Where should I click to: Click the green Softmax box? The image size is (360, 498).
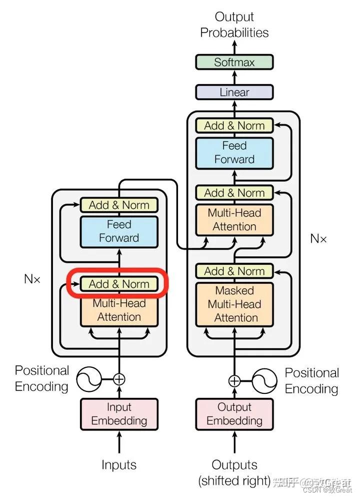(234, 63)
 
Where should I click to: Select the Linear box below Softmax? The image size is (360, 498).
(234, 93)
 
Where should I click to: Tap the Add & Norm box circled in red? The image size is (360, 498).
(119, 284)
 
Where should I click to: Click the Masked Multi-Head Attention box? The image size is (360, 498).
(234, 304)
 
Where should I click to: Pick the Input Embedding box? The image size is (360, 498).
(119, 414)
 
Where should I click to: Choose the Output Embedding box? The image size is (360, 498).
(234, 414)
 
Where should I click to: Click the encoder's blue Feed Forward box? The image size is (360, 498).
(119, 231)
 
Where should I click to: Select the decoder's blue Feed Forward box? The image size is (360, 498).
(234, 152)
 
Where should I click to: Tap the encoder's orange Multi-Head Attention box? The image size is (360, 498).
(119, 310)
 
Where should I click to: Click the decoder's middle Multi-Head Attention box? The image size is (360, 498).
(234, 220)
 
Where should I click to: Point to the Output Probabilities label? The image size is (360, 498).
(234, 25)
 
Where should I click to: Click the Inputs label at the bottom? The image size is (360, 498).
(119, 464)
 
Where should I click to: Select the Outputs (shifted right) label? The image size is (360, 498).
(234, 473)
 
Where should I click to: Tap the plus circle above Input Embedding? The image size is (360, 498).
(119, 379)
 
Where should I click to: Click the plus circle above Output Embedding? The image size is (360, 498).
(234, 381)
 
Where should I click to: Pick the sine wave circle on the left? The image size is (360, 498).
(88, 379)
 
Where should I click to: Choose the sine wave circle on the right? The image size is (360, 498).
(264, 381)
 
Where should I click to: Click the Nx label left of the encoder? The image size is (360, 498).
(32, 279)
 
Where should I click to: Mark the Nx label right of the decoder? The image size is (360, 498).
(318, 238)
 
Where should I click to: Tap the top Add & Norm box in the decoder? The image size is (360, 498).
(234, 126)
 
